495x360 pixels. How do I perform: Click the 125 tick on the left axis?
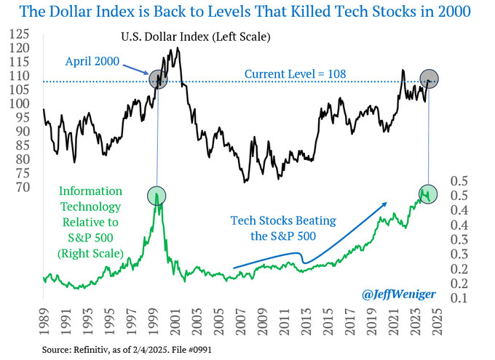(19, 33)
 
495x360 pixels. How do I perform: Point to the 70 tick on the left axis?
(23, 187)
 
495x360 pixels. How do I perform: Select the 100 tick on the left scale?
(19, 103)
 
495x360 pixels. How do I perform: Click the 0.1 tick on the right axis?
(459, 297)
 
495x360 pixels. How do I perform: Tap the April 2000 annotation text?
(92, 61)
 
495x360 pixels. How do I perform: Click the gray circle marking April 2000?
(158, 79)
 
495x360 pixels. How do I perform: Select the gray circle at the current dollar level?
(429, 79)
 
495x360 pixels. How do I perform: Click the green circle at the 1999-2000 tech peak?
(157, 196)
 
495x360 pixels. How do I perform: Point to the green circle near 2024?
(428, 194)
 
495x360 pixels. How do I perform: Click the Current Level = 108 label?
(295, 74)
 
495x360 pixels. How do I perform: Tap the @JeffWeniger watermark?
(399, 294)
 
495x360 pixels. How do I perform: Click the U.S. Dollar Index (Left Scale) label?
(196, 37)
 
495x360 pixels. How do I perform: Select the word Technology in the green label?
(90, 207)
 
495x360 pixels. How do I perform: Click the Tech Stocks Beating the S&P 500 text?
(283, 228)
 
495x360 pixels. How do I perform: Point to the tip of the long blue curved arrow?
(387, 203)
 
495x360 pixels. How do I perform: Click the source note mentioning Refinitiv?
(127, 350)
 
